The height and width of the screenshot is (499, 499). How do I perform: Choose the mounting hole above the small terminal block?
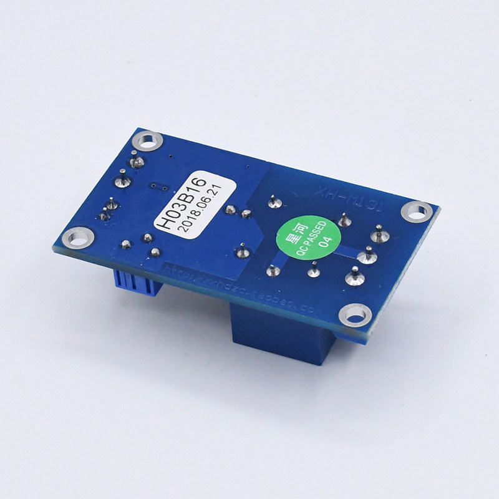(79, 238)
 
